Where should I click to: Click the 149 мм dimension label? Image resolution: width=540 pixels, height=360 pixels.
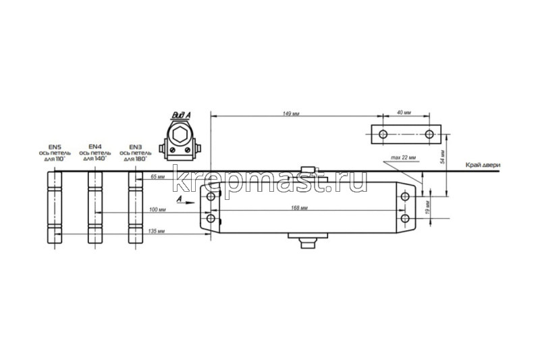[292, 113]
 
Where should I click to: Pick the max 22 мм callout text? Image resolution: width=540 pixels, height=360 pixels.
[404, 157]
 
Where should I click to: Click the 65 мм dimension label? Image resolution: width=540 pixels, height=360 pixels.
[157, 176]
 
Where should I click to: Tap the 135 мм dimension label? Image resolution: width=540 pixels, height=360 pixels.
[155, 232]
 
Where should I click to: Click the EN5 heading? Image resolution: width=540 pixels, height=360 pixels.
[54, 147]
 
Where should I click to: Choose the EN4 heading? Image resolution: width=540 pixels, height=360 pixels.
[95, 147]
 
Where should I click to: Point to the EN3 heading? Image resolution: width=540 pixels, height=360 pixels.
[135, 147]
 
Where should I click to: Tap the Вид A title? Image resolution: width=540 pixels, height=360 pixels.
[181, 115]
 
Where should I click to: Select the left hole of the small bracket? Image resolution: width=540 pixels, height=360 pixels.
[383, 134]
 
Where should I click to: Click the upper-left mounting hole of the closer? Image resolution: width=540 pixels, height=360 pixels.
[211, 197]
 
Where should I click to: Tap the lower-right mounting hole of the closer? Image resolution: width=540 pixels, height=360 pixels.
[404, 219]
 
